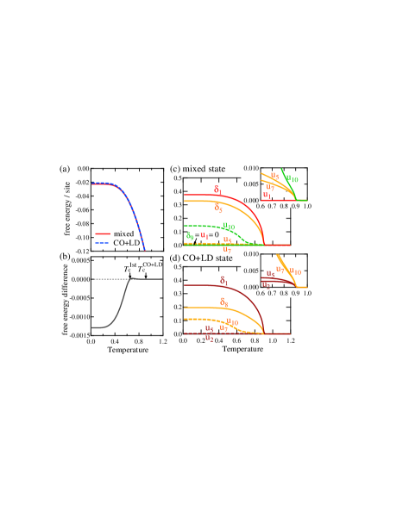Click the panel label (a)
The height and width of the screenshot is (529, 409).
click(x=65, y=169)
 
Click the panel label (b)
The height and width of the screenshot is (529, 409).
click(x=65, y=257)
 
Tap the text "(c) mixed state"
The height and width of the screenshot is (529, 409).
click(x=198, y=169)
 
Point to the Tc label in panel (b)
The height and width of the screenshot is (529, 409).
click(x=141, y=269)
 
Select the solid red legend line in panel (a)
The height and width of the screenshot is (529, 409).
click(x=102, y=233)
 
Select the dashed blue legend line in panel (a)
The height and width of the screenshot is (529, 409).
click(x=102, y=243)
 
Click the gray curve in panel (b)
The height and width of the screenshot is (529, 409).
click(x=121, y=297)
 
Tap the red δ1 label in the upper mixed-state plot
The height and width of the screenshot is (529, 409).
click(x=217, y=189)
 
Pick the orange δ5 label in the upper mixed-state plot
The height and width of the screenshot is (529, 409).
click(x=218, y=208)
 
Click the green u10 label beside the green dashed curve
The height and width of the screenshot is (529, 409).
click(x=229, y=227)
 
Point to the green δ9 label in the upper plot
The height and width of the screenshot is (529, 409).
click(x=190, y=236)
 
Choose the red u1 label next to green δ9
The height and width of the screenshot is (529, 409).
click(x=204, y=235)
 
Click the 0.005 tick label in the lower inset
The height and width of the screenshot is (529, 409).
click(x=250, y=271)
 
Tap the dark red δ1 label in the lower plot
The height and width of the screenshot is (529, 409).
click(x=223, y=280)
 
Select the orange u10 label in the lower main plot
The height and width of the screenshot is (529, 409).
click(x=232, y=322)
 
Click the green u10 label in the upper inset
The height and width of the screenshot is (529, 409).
click(x=294, y=180)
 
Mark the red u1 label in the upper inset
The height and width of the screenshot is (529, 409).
click(x=267, y=196)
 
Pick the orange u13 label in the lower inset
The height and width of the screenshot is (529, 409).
click(x=296, y=272)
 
